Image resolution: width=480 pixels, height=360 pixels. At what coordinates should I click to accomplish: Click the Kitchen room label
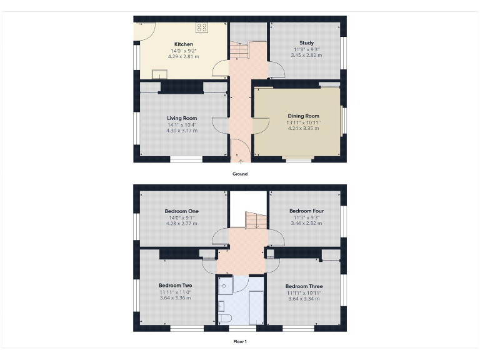point(183,44)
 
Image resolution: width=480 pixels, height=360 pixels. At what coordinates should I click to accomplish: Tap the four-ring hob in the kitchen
point(202,27)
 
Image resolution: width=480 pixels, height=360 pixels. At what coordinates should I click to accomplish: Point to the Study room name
point(306,43)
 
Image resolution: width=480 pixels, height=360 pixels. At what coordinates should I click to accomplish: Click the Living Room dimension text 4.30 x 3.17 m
point(182,130)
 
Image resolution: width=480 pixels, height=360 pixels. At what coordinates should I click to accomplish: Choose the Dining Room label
point(303,116)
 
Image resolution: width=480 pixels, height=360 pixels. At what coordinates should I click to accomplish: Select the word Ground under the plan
point(240,174)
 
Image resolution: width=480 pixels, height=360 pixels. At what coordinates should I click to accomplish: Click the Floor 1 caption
point(240,341)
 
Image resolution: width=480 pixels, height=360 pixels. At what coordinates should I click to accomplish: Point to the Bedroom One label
point(182,211)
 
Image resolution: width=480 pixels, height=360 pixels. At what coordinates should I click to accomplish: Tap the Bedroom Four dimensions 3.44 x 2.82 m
point(306,222)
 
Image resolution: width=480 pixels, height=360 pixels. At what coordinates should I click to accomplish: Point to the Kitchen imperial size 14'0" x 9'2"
point(183,51)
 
